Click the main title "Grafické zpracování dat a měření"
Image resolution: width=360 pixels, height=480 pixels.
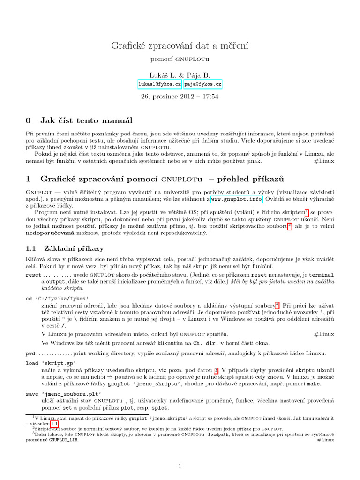[180, 45]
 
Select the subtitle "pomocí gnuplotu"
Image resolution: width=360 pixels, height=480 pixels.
[180, 60]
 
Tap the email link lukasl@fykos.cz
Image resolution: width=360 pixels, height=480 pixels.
[159, 84]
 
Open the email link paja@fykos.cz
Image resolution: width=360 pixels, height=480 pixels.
[202, 84]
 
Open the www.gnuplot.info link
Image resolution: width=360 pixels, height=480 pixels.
[236, 199]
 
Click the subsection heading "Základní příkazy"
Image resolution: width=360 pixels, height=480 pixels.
[74, 248]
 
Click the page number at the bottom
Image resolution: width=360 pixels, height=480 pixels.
[180, 465]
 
